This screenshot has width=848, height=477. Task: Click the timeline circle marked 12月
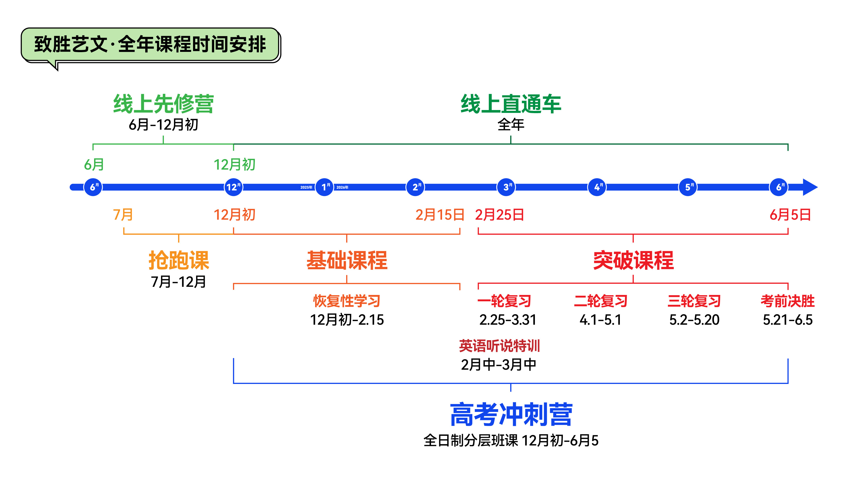233,187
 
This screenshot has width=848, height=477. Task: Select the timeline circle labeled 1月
324,187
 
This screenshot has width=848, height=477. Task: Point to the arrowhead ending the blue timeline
810,187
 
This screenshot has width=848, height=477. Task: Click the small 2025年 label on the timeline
306,187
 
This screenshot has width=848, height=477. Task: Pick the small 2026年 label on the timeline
342,187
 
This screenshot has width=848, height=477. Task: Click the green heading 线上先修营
163,104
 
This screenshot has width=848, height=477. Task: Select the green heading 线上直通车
511,104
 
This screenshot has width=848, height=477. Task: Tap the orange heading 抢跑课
179,260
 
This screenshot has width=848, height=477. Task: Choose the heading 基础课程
347,260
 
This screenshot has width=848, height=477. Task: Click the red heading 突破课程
633,260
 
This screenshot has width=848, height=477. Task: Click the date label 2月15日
440,215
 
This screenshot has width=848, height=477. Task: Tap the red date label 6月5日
790,215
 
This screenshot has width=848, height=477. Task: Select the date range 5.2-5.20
694,320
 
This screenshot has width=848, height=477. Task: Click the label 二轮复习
601,301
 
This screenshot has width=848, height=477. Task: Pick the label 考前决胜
787,301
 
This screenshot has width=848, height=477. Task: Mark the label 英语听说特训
499,346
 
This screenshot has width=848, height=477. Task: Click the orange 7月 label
123,215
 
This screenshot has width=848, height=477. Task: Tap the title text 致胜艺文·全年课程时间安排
150,44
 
